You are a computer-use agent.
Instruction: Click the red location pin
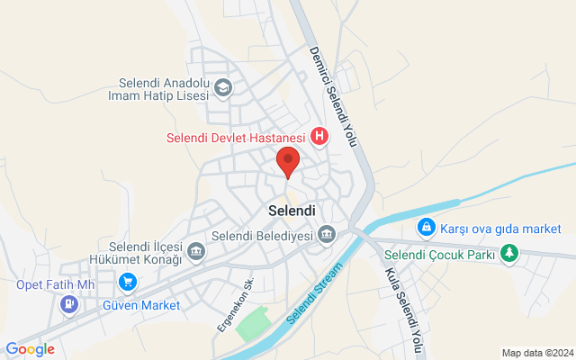point(288,163)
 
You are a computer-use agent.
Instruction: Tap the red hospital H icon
point(319,137)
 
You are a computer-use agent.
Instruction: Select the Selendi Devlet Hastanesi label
point(237,138)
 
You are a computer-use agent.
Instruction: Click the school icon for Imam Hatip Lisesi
point(222,87)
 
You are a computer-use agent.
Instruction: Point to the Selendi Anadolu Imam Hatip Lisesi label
point(158,87)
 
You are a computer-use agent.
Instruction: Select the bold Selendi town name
point(292,210)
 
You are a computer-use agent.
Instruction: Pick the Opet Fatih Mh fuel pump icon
point(68,303)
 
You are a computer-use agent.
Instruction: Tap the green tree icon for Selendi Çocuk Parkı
point(510,255)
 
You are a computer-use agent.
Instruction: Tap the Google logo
point(30,349)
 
